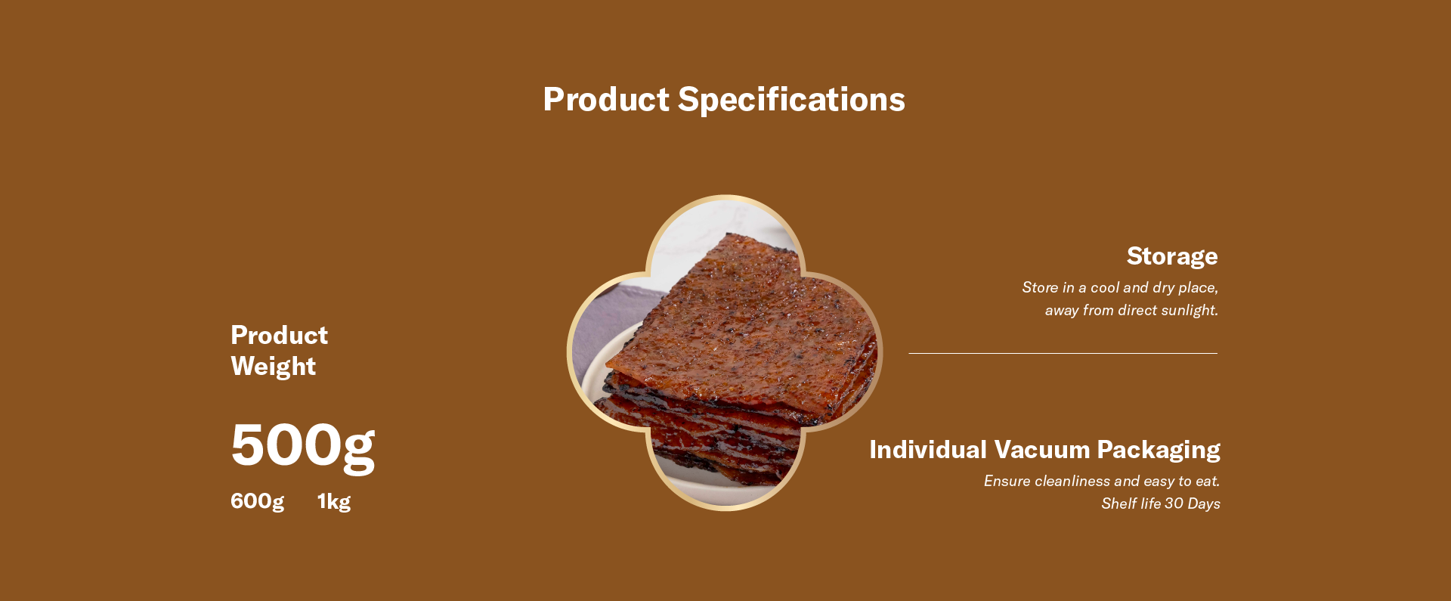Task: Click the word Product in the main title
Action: pos(606,99)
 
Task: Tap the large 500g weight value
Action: pos(303,445)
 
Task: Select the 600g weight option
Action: pos(257,501)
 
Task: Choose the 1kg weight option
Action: pos(334,501)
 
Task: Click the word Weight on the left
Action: pos(273,367)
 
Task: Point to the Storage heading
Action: pos(1172,257)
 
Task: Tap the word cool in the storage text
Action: pos(1104,287)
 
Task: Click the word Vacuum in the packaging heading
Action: pos(1042,450)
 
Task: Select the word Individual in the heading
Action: pos(928,450)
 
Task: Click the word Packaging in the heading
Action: pos(1159,451)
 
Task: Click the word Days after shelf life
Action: pos(1204,504)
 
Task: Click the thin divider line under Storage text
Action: pos(1063,353)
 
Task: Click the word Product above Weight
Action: pos(279,335)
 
